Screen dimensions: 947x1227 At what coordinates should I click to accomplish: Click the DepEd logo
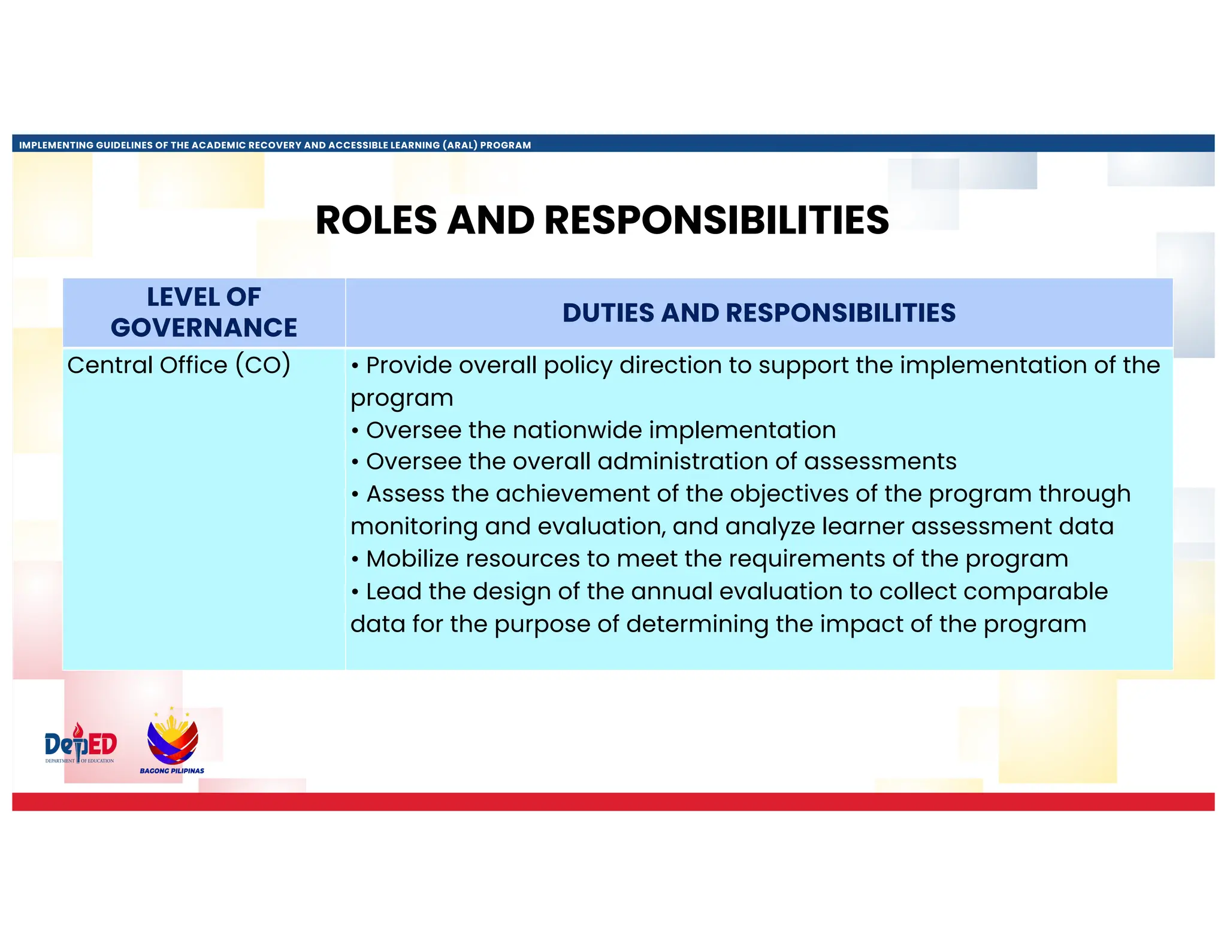pos(80,744)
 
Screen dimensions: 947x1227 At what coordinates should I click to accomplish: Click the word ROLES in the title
pos(376,220)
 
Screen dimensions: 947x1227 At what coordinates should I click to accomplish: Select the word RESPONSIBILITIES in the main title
pos(716,220)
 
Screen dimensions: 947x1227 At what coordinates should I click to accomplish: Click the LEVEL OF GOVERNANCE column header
pos(204,312)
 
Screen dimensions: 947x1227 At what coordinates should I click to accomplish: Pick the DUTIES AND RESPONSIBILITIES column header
pos(758,313)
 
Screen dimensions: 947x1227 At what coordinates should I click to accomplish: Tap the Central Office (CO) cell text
pos(179,365)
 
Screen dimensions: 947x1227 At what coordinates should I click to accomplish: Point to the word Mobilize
pos(412,559)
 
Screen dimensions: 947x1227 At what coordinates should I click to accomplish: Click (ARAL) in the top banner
pos(460,145)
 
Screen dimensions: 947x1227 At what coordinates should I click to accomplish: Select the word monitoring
pos(414,527)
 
